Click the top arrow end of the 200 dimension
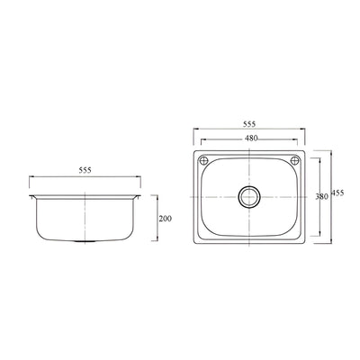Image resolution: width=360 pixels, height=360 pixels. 158,194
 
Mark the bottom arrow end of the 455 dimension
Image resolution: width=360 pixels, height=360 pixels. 331,240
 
